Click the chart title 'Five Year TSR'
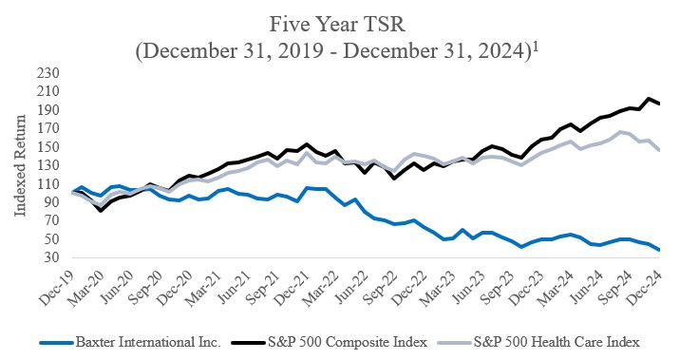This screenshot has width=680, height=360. pyautogui.click(x=340, y=22)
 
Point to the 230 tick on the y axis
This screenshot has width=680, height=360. pyautogui.click(x=47, y=72)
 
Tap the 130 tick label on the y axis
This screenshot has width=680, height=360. pyautogui.click(x=47, y=164)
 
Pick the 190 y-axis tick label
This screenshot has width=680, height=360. pyautogui.click(x=47, y=109)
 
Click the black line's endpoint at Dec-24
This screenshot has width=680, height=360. pyautogui.click(x=660, y=104)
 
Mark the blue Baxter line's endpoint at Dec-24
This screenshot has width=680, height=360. pyautogui.click(x=660, y=250)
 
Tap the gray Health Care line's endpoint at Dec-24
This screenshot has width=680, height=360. pyautogui.click(x=660, y=150)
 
